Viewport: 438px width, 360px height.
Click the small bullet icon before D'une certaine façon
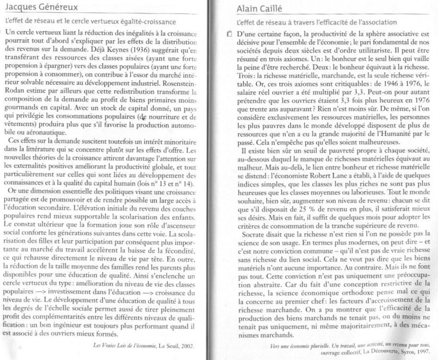[230, 34]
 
